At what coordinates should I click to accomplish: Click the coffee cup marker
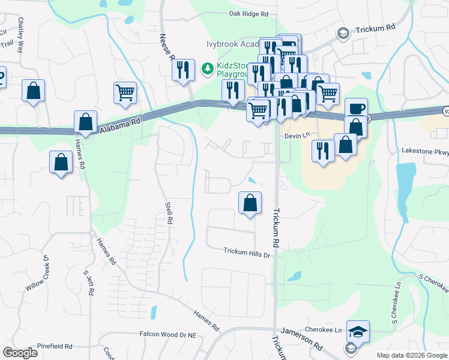355,109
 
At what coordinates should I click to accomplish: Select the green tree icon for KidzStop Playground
208,69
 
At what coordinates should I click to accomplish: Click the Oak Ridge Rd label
248,13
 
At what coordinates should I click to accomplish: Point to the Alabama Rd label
119,125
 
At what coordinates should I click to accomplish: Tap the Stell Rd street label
169,213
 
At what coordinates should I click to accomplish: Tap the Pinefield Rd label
54,346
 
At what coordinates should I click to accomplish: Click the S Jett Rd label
90,282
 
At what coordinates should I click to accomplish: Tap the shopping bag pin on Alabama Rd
86,121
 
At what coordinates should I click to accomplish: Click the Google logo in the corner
20,353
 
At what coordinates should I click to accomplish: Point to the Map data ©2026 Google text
411,355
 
